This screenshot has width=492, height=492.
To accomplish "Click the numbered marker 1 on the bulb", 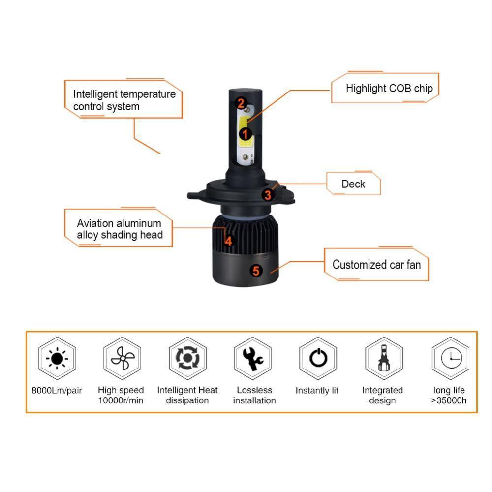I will [246, 133].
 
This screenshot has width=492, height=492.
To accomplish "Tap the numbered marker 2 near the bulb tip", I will [241, 103].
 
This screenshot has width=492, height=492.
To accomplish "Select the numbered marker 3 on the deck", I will [267, 195].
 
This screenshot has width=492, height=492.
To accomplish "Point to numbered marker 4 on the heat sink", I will [228, 241].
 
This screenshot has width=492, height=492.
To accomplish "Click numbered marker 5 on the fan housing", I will [255, 270].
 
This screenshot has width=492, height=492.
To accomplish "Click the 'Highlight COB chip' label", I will [389, 89].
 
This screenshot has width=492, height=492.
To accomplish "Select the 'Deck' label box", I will [353, 184].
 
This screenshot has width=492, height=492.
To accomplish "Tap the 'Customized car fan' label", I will [376, 265].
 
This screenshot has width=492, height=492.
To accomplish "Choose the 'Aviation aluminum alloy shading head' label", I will [120, 229].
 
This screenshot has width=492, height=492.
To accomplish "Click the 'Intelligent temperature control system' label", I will [124, 100].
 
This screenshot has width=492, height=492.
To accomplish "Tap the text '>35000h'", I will [449, 400].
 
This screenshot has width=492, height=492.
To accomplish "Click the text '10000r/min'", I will [121, 400].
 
